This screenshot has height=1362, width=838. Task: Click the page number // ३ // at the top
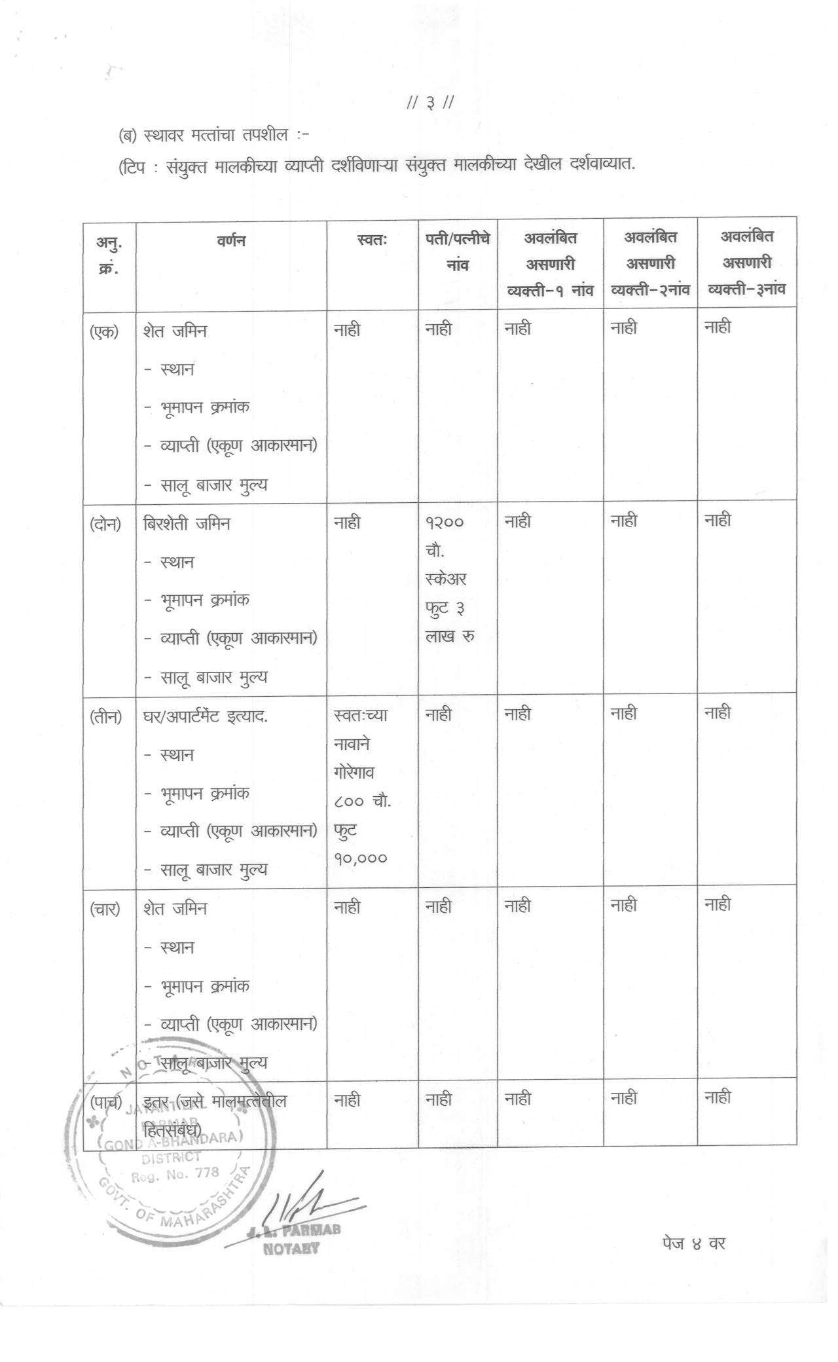click(x=430, y=103)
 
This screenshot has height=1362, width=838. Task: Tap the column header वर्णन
click(x=230, y=240)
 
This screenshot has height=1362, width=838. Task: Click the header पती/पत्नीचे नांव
click(x=458, y=252)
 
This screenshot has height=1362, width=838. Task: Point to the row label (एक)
click(x=104, y=331)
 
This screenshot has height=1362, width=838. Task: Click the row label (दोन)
click(x=105, y=524)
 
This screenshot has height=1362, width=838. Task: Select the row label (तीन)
click(x=106, y=716)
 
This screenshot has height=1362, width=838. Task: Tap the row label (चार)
click(x=105, y=909)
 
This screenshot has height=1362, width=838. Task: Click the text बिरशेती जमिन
click(x=187, y=524)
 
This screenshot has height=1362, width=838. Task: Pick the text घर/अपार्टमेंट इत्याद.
click(x=206, y=716)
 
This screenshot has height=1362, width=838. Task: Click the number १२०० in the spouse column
click(x=445, y=523)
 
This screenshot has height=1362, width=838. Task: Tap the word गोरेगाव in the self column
click(x=354, y=773)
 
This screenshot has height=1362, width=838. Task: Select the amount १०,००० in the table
click(x=361, y=858)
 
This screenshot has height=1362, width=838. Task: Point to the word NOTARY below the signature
click(x=291, y=1248)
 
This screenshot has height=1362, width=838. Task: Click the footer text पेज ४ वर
click(x=693, y=1242)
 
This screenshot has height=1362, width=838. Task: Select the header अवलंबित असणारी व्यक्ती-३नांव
click(x=747, y=263)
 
